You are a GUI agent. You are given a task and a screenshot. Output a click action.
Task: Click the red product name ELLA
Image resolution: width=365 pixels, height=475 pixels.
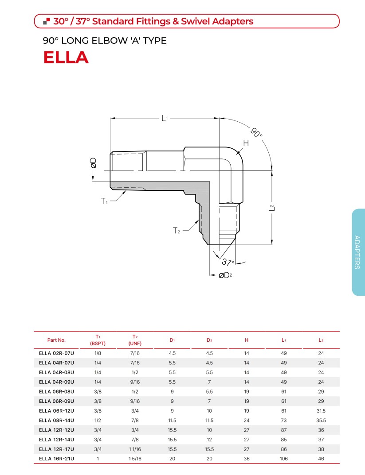click(66, 57)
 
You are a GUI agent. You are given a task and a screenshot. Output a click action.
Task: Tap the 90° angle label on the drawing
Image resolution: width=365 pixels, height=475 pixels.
click(256, 132)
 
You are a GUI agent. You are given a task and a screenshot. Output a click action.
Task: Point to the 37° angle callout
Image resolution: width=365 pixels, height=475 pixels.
click(228, 262)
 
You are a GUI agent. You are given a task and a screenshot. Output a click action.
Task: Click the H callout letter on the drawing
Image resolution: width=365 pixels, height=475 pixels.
click(246, 143)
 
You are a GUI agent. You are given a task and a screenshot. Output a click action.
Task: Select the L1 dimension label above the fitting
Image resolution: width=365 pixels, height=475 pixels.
click(165, 118)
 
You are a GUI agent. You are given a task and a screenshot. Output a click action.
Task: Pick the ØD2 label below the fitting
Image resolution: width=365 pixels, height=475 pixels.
click(225, 275)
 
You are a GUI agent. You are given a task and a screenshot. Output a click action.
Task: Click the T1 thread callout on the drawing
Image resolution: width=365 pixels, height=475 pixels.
click(104, 201)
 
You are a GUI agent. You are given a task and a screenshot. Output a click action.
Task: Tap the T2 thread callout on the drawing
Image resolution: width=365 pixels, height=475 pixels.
click(176, 231)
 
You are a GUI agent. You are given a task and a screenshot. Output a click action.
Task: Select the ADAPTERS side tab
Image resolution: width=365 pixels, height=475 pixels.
click(357, 252)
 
